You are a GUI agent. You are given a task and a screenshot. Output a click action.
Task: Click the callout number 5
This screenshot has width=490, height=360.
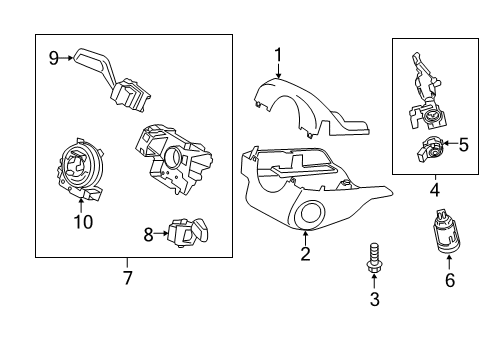tap(463, 145)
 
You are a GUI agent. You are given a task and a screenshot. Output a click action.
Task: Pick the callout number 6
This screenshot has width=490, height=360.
tap(450, 281)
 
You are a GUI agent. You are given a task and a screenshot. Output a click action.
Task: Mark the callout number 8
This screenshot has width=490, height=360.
tap(149, 234)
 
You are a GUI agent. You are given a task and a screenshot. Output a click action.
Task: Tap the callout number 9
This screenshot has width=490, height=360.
tap(54, 57)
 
